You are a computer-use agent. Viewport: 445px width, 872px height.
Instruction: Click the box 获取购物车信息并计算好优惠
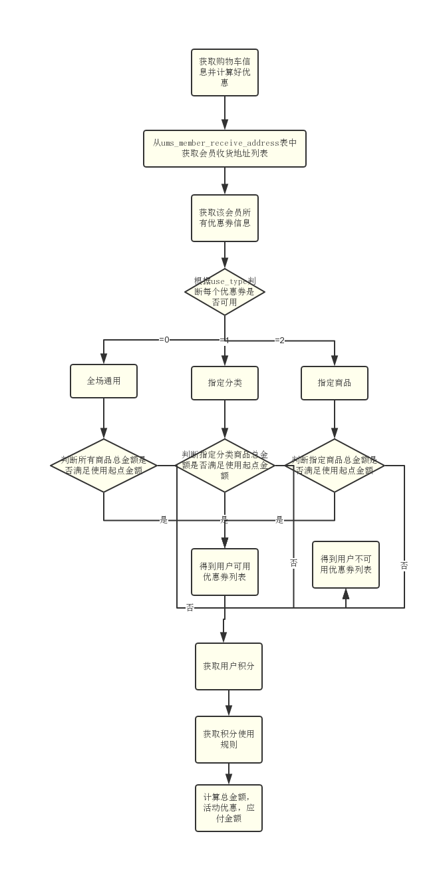tap(225, 72)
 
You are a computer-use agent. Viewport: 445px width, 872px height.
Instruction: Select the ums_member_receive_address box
tap(225, 148)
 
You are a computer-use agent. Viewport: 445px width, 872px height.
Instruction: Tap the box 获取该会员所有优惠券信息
tap(225, 218)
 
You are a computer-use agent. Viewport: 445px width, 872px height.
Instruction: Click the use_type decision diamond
tap(225, 291)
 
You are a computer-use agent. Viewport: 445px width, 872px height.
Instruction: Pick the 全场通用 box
tap(104, 381)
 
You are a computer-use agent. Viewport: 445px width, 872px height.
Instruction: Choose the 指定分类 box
tap(225, 383)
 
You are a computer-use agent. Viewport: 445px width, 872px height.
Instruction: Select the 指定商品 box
tap(335, 383)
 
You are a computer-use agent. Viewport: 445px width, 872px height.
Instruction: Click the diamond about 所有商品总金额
tap(104, 465)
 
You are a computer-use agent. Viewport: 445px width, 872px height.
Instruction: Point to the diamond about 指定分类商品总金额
tap(225, 465)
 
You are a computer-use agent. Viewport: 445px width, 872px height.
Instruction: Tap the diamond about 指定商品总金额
tap(335, 465)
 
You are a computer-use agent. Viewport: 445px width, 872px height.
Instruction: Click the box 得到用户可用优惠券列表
tap(225, 571)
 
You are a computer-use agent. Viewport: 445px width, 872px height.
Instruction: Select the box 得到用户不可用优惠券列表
tap(346, 565)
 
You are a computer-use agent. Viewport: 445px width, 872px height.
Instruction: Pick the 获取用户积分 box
tap(229, 666)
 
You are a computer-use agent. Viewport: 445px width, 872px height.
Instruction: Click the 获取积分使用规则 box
tap(229, 739)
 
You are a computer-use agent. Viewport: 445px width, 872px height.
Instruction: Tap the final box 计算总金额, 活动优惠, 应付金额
tap(229, 808)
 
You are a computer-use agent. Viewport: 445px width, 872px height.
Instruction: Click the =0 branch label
tap(164, 340)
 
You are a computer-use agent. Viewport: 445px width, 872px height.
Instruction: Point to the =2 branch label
tap(279, 341)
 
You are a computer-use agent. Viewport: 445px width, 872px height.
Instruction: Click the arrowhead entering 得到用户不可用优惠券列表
tap(346, 594)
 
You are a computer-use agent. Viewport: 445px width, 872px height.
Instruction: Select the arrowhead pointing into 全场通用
tap(104, 359)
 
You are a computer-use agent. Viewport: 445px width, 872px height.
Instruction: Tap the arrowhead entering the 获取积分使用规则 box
tap(229, 711)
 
